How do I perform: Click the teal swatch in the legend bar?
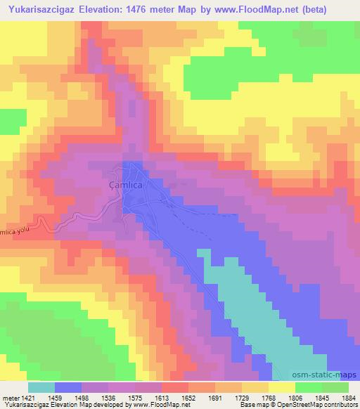point(41,387)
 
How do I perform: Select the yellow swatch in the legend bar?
point(282,387)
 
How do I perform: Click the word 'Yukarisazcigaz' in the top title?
point(35,8)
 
